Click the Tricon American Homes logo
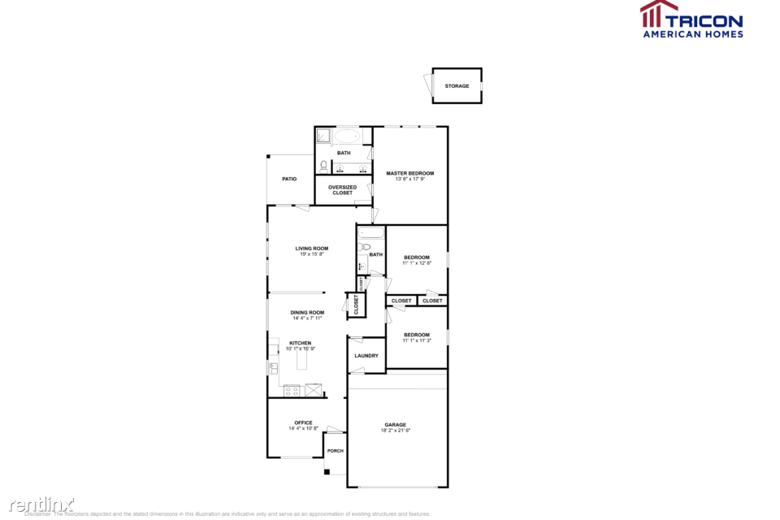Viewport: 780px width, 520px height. click(691, 19)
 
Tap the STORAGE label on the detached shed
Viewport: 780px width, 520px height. click(457, 86)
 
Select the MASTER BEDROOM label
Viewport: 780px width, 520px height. click(410, 173)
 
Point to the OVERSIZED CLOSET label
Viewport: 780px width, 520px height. click(343, 190)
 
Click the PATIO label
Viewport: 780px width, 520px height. click(289, 179)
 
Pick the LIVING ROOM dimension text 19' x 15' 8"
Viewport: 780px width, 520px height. click(311, 254)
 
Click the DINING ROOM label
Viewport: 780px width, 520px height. click(307, 313)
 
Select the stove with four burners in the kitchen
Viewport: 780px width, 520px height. click(291, 391)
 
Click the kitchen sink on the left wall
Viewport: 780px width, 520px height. click(273, 368)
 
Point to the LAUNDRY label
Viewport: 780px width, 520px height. click(366, 356)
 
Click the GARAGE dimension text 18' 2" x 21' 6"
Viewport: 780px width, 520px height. click(396, 430)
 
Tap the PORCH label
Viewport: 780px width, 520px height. click(335, 451)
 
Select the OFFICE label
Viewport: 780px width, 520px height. click(303, 422)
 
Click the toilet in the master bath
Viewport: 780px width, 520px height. click(323, 167)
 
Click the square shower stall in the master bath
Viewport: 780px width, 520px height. click(323, 136)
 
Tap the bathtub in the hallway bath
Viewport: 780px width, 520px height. click(370, 234)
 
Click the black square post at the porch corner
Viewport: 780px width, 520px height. click(326, 471)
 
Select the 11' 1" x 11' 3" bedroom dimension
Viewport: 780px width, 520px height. click(417, 341)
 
